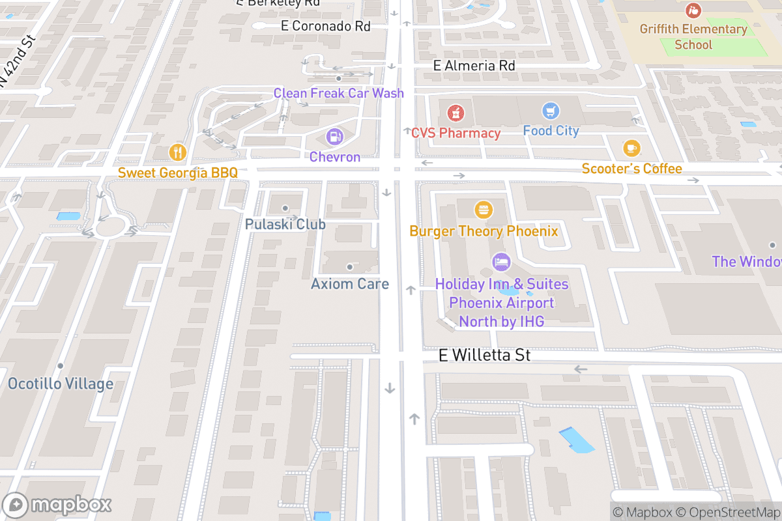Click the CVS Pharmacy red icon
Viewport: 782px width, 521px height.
tap(456, 113)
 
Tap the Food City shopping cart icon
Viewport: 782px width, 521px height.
tap(551, 110)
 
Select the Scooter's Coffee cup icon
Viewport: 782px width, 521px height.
tap(631, 148)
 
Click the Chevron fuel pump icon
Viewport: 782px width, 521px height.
tap(334, 137)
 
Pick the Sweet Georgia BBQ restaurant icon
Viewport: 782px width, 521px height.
tap(177, 152)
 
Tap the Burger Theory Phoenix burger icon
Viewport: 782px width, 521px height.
tap(484, 210)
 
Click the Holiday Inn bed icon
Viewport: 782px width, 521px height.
tap(501, 262)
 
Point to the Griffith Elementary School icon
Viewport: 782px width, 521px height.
tap(693, 10)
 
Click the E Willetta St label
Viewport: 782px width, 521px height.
tap(484, 356)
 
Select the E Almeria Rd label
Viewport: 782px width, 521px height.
tap(474, 66)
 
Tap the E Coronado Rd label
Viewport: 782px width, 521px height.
tap(325, 26)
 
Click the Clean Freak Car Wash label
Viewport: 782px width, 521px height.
tap(338, 93)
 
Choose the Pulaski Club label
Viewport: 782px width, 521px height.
tap(285, 224)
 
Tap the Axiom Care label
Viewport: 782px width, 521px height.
tap(350, 284)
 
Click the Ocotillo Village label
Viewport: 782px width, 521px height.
tap(61, 384)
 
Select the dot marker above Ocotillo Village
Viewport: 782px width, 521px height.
tap(61, 366)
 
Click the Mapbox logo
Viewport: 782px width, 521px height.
tap(57, 505)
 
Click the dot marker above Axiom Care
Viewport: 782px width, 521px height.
tap(350, 266)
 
